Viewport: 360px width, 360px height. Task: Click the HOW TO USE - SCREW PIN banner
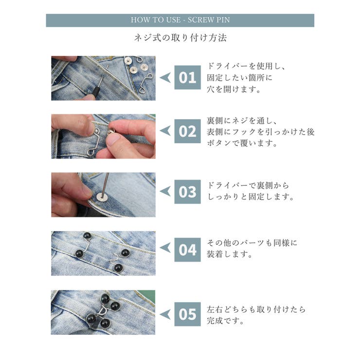point(180,20)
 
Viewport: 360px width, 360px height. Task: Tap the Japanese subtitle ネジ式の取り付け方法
point(180,38)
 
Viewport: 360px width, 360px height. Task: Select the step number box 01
point(187,77)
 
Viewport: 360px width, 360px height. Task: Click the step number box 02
point(187,131)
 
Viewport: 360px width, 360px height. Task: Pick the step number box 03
point(187,192)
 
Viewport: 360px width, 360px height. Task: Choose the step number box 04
point(187,250)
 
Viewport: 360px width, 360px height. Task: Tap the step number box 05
point(187,314)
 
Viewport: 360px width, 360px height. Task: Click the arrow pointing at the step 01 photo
point(166,78)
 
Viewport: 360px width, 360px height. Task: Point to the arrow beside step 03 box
point(166,192)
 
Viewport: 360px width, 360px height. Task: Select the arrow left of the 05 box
point(166,314)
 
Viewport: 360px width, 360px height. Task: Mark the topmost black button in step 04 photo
point(87,236)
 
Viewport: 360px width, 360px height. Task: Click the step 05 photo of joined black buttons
point(103,312)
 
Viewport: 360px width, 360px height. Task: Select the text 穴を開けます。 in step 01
point(234,89)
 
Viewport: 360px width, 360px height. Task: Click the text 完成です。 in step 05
point(225,321)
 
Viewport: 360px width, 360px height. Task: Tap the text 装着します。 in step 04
point(230,254)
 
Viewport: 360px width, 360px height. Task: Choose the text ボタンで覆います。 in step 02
point(242,143)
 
